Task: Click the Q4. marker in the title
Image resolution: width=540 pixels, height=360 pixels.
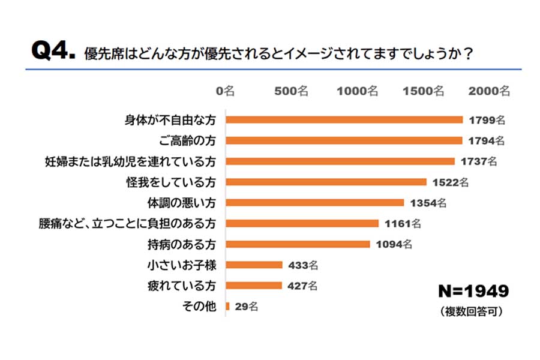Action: [52, 52]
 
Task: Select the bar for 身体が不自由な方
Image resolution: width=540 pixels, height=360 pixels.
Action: [344, 120]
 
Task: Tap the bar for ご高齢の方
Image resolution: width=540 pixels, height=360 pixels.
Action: [343, 140]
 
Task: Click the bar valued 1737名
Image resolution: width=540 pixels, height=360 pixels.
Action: [340, 161]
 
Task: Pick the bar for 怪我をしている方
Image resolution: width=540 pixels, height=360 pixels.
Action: [326, 182]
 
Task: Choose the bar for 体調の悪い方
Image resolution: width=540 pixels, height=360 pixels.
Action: [314, 202]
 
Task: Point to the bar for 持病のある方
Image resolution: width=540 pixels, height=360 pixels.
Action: [298, 244]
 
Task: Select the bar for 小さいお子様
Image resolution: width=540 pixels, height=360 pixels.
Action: [254, 265]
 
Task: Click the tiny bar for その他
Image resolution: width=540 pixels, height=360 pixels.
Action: [227, 306]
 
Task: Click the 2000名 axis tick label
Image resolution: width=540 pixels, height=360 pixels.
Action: [488, 91]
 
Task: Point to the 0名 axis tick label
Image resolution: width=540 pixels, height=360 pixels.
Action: [226, 91]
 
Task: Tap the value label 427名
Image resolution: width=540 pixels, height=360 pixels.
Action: [302, 286]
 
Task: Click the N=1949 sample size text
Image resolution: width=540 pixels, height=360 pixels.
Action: [473, 292]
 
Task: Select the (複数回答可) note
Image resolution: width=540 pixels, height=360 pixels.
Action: [471, 312]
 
